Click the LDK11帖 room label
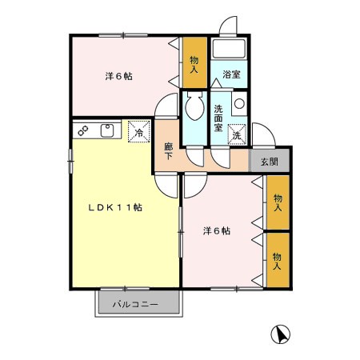click(x=115, y=207)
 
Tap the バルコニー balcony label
click(x=134, y=305)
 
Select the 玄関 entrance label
click(x=270, y=161)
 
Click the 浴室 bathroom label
click(x=231, y=74)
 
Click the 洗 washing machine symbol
click(x=237, y=134)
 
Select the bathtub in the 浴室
click(x=232, y=50)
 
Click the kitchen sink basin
click(x=108, y=130)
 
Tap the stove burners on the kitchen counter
click(x=82, y=130)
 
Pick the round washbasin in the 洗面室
click(x=239, y=104)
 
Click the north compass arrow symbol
click(x=280, y=333)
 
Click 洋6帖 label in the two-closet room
click(x=216, y=231)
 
